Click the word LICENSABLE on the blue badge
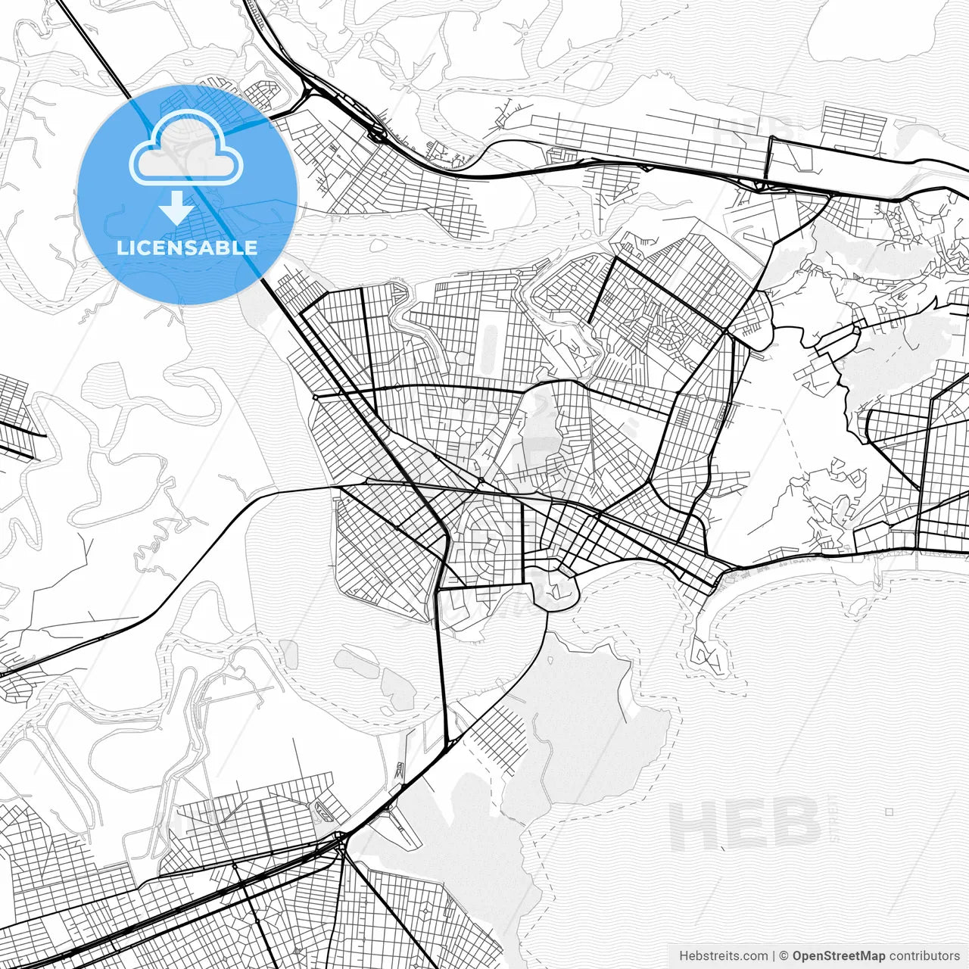(187, 248)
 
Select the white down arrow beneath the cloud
(176, 207)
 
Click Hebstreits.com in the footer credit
(723, 956)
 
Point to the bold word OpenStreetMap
(839, 956)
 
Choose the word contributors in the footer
(924, 956)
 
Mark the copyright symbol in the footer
(784, 956)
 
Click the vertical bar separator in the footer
(774, 956)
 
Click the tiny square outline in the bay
(890, 812)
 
